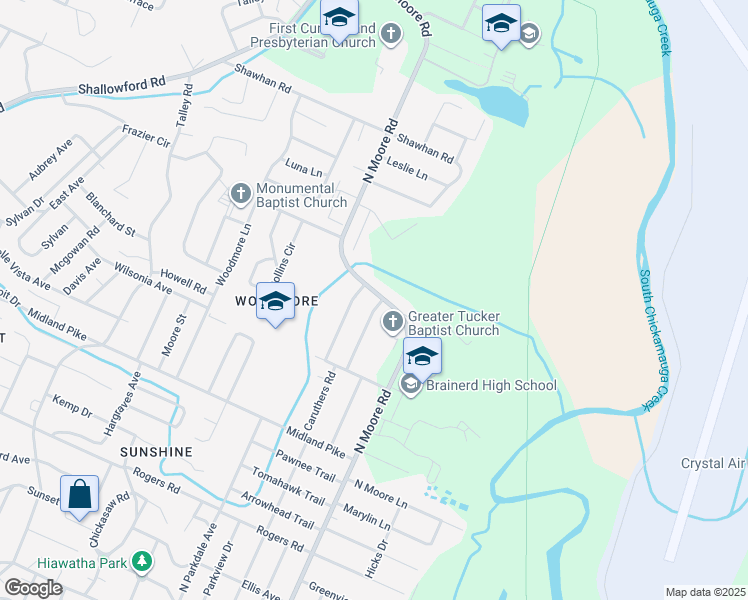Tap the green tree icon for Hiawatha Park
pyautogui.click(x=143, y=563)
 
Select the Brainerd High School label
pyautogui.click(x=491, y=385)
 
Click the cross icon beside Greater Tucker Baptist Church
pyautogui.click(x=392, y=322)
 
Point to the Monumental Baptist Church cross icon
pyautogui.click(x=240, y=194)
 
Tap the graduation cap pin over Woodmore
pyautogui.click(x=275, y=302)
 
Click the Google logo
pyautogui.click(x=33, y=587)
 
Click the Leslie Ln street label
pyautogui.click(x=407, y=169)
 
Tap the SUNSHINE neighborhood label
pyautogui.click(x=156, y=452)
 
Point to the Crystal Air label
pyautogui.click(x=713, y=464)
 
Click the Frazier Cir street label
pyautogui.click(x=146, y=136)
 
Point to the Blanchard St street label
pyautogui.click(x=110, y=214)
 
